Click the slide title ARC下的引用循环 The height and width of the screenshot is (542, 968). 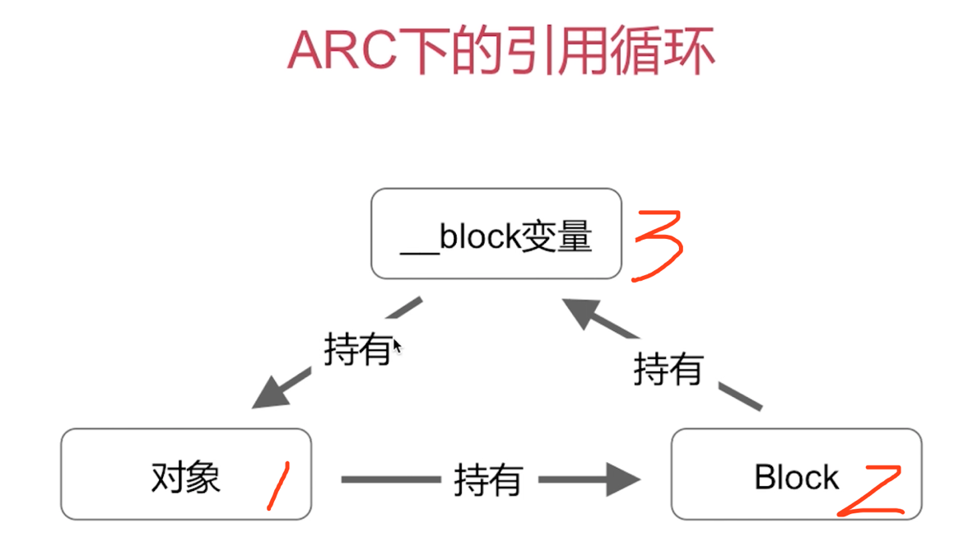tap(500, 51)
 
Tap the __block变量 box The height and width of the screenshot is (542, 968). tap(496, 234)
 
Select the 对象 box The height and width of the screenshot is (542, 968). tap(186, 474)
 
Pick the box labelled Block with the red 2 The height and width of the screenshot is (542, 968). tap(796, 474)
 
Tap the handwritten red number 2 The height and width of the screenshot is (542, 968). tap(869, 491)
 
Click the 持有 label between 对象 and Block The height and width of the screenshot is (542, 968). tap(488, 479)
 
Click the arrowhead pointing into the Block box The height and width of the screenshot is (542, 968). tap(623, 479)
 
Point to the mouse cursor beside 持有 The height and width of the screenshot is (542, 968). tap(397, 346)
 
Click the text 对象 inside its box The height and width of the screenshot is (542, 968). tap(186, 477)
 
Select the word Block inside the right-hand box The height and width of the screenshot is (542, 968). tap(796, 477)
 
